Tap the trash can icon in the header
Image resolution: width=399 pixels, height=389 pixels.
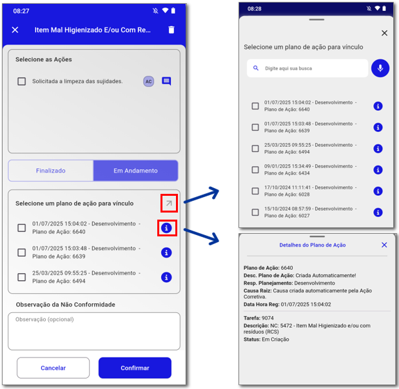click(171, 30)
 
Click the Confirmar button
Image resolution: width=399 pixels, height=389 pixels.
click(135, 368)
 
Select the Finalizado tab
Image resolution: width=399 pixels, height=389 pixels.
click(51, 170)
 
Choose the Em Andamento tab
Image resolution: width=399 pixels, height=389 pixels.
click(135, 170)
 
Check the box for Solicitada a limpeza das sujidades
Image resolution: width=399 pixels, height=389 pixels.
click(22, 81)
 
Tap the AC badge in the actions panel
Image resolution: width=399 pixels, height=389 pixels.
click(149, 81)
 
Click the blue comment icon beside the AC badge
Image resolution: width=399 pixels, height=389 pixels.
click(166, 81)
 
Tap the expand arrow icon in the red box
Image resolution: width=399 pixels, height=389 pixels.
click(169, 203)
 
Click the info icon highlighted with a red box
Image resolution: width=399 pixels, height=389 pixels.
click(166, 228)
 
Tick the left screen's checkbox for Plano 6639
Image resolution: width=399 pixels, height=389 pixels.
click(22, 252)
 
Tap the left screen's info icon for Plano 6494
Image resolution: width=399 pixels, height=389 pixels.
click(166, 277)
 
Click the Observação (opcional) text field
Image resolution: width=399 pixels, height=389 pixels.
click(94, 331)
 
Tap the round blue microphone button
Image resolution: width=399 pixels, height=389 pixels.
click(380, 68)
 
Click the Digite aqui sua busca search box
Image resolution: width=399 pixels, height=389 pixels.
click(307, 68)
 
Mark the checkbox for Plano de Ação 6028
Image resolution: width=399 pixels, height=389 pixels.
click(255, 191)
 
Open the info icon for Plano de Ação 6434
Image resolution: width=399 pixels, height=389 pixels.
click(378, 169)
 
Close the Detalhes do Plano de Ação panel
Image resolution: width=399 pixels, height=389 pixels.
click(384, 245)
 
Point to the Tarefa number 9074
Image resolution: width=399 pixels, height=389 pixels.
click(268, 318)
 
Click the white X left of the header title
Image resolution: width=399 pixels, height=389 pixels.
click(15, 30)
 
